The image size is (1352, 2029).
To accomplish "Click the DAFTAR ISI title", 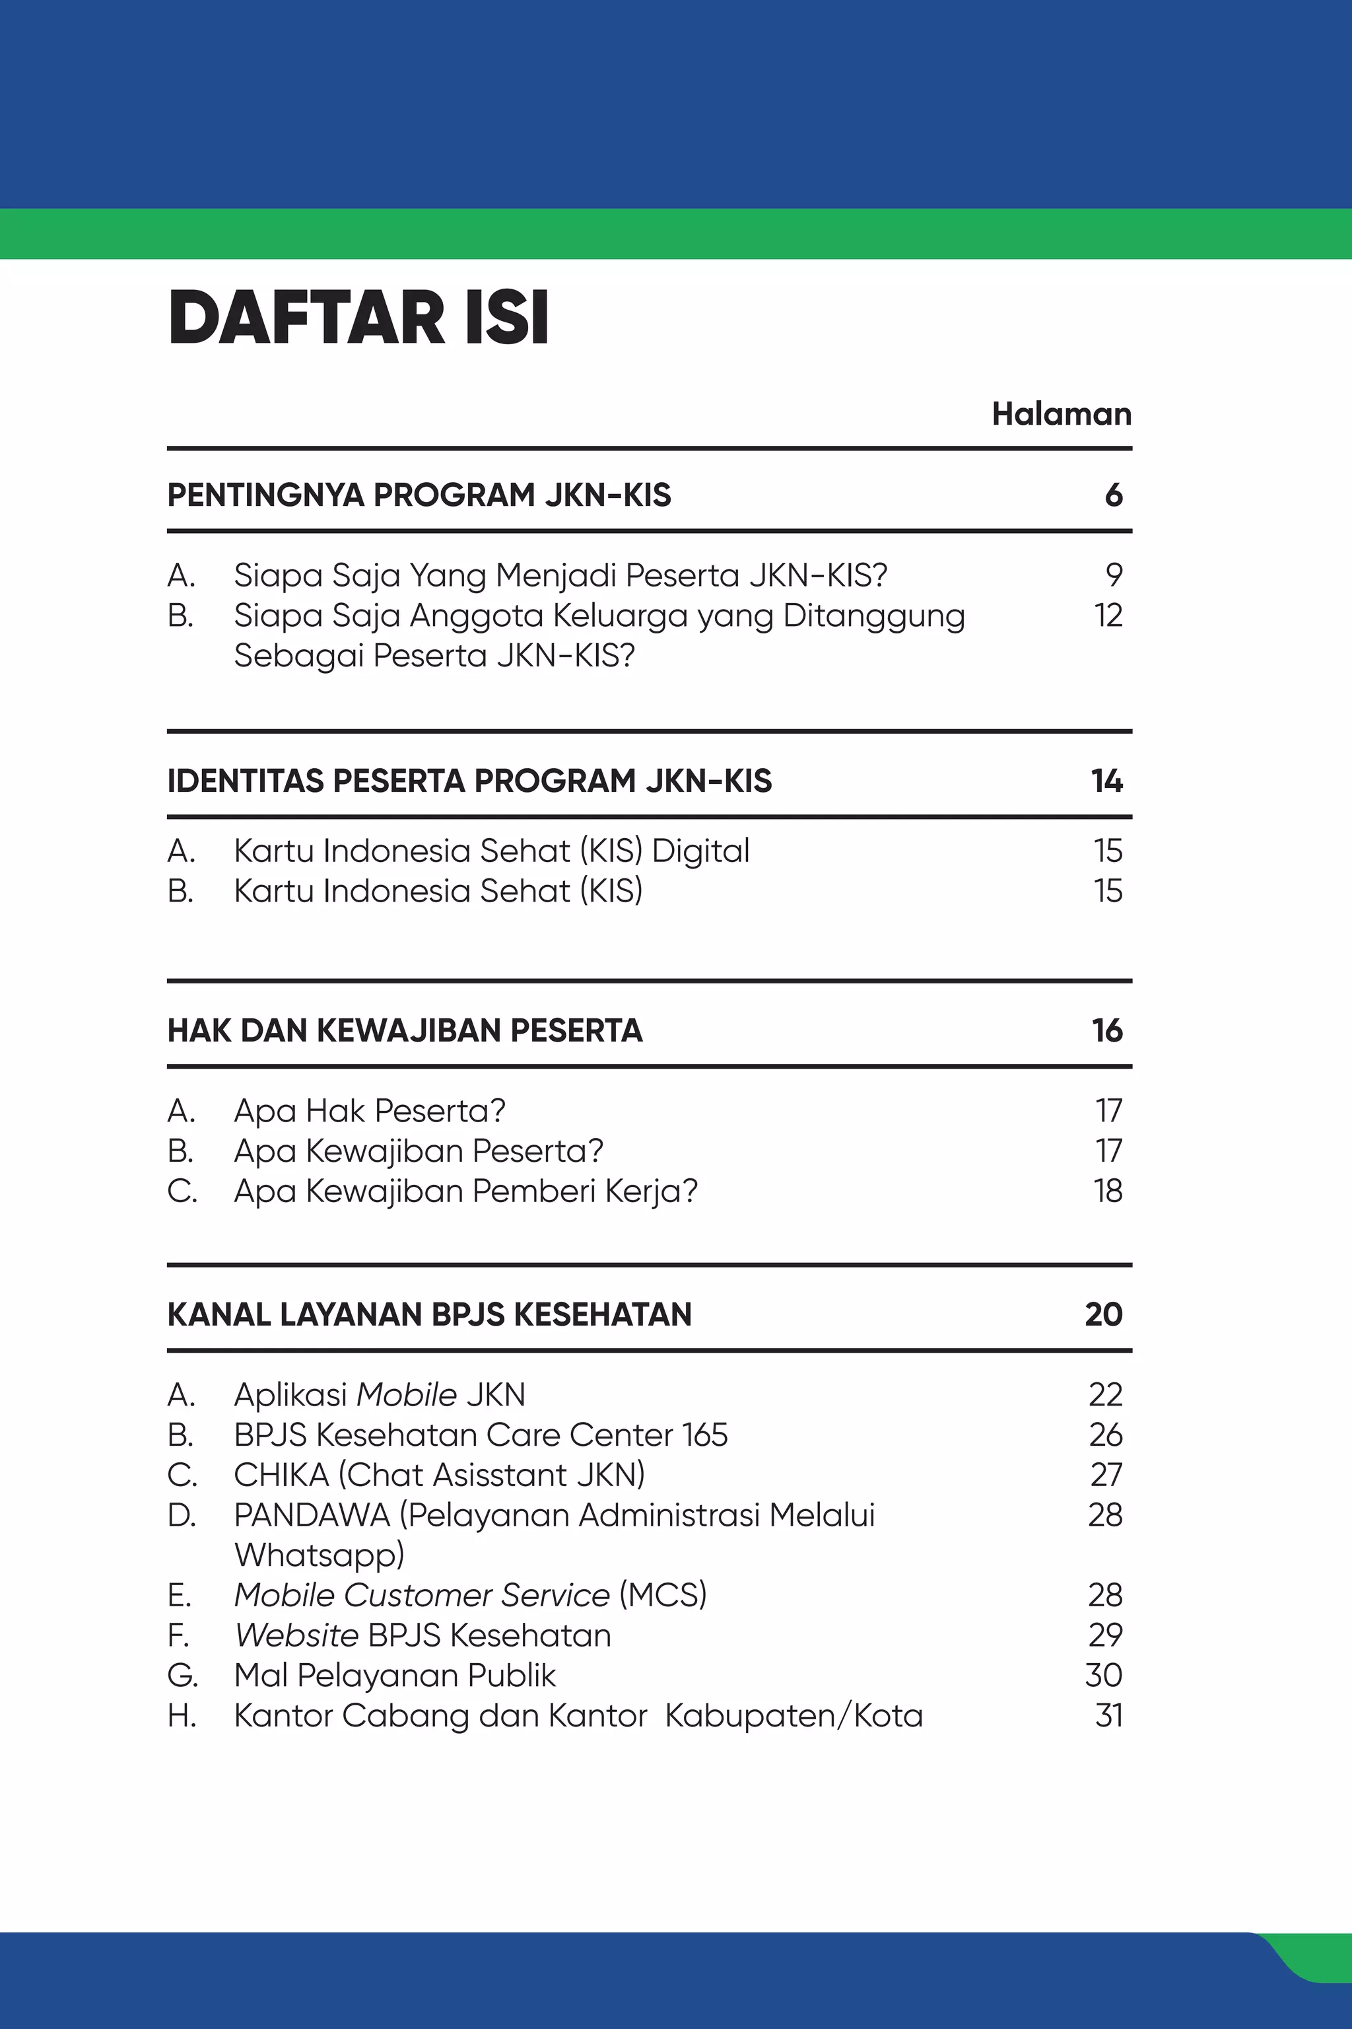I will point(358,319).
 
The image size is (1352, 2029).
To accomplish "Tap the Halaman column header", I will point(1062,414).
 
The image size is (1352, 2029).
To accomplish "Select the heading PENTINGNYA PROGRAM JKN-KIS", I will point(419,495).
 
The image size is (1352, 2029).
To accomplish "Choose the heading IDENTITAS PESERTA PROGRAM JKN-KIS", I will point(469,781).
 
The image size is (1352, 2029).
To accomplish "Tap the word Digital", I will point(700,851).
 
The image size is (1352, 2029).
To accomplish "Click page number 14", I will point(1107,781).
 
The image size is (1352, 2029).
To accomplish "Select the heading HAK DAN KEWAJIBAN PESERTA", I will point(405,1030).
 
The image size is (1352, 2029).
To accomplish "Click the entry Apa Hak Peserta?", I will point(369,1110).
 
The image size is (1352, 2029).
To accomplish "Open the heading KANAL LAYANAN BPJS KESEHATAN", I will point(429,1314).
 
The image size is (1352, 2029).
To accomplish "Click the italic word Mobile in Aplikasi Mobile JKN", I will point(406,1394).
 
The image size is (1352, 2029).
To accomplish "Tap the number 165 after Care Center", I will point(704,1435).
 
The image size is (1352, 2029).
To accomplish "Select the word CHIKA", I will point(281,1474).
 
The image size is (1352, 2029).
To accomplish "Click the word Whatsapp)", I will point(319,1555).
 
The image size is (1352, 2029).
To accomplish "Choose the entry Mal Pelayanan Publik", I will point(395,1674).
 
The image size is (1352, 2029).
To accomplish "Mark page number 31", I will point(1109,1715).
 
